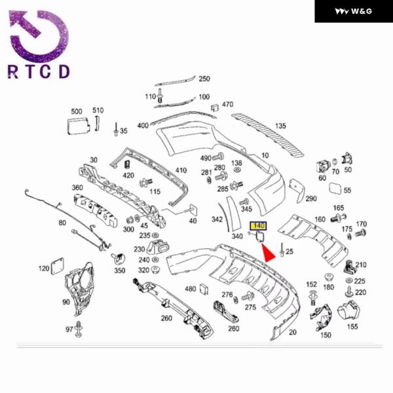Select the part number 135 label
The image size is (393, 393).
[280, 126]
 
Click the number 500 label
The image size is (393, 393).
[77, 111]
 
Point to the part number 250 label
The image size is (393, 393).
[204, 79]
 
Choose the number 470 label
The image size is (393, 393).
[227, 104]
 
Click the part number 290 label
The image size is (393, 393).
[310, 198]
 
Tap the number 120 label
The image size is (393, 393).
[44, 269]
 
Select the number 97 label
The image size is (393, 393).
[69, 329]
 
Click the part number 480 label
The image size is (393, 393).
[190, 289]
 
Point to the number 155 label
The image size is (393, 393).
[352, 326]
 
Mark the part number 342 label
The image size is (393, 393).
[217, 219]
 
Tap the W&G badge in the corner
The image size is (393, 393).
[353, 11]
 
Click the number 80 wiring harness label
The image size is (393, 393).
[62, 223]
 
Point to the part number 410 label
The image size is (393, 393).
[181, 170]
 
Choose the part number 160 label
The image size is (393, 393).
[320, 219]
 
